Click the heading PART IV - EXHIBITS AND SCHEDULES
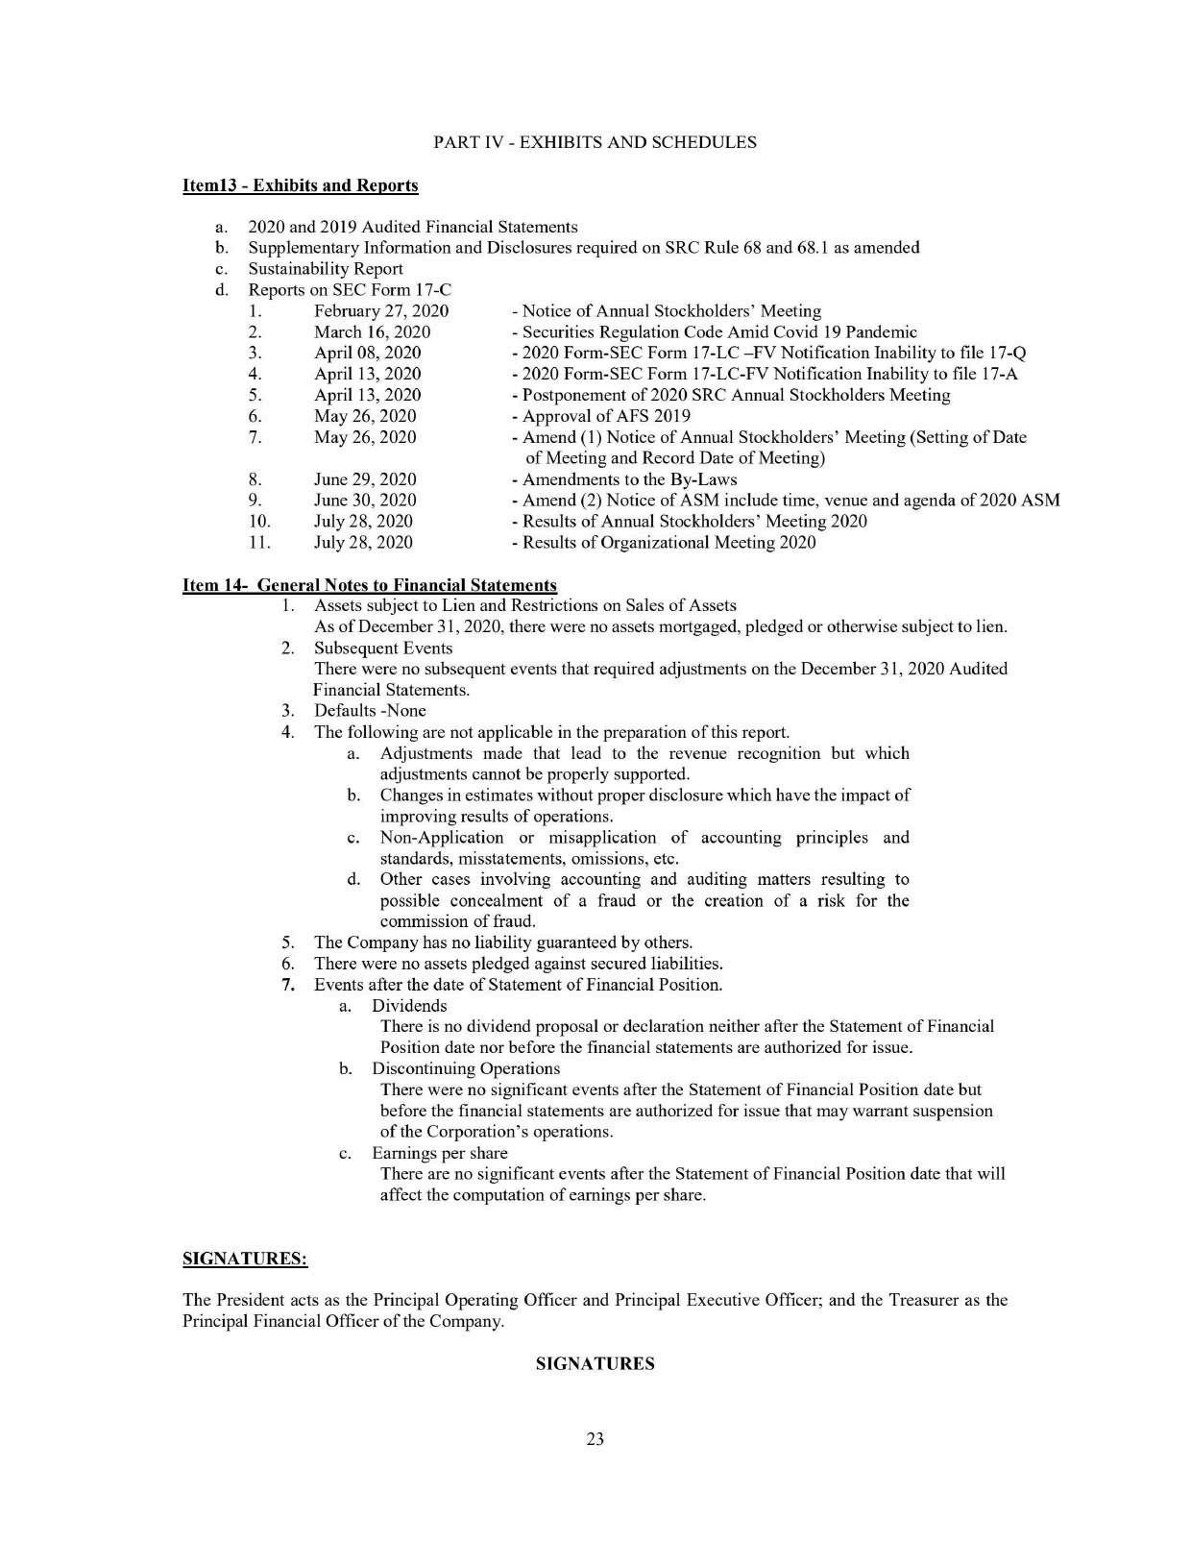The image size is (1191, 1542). pyautogui.click(x=595, y=142)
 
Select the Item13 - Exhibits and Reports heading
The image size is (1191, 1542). pyautogui.click(x=300, y=184)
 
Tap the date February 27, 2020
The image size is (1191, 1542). pyautogui.click(x=381, y=311)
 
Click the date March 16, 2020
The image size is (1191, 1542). pyautogui.click(x=372, y=332)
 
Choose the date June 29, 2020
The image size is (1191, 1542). pyautogui.click(x=365, y=479)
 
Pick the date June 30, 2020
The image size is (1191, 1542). pyautogui.click(x=365, y=501)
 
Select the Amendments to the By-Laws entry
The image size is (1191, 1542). pyautogui.click(x=628, y=479)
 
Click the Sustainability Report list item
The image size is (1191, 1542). pyautogui.click(x=325, y=269)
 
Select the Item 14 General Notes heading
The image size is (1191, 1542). pyautogui.click(x=369, y=585)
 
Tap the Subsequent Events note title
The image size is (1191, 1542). pyautogui.click(x=383, y=649)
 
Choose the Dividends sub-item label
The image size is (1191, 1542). pyautogui.click(x=409, y=1006)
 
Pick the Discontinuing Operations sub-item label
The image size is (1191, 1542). pyautogui.click(x=466, y=1068)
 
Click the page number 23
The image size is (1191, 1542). pyautogui.click(x=595, y=1439)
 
